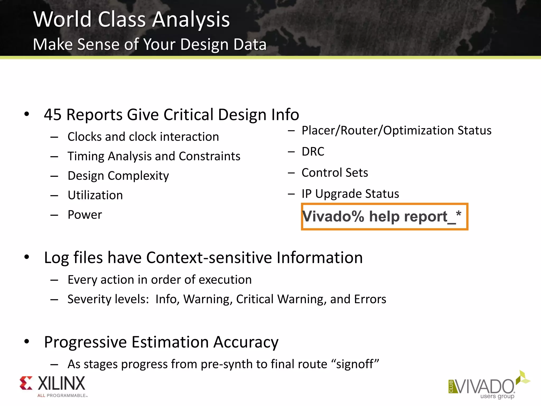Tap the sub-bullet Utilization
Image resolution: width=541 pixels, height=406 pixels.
tap(95, 195)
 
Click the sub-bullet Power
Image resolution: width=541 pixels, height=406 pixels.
tap(85, 215)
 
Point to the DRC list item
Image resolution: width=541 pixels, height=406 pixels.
tap(313, 152)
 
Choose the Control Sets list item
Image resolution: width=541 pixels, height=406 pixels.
tap(334, 173)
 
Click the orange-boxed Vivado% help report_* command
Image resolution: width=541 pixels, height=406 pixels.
tap(384, 217)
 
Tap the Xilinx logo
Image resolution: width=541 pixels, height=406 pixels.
tap(53, 386)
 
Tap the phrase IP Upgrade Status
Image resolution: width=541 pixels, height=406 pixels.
tap(350, 194)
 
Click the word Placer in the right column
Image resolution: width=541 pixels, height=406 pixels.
tap(318, 131)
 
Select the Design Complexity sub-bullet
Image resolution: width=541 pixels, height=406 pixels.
tap(118, 176)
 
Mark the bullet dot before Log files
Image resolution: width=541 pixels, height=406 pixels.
tap(26, 257)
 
